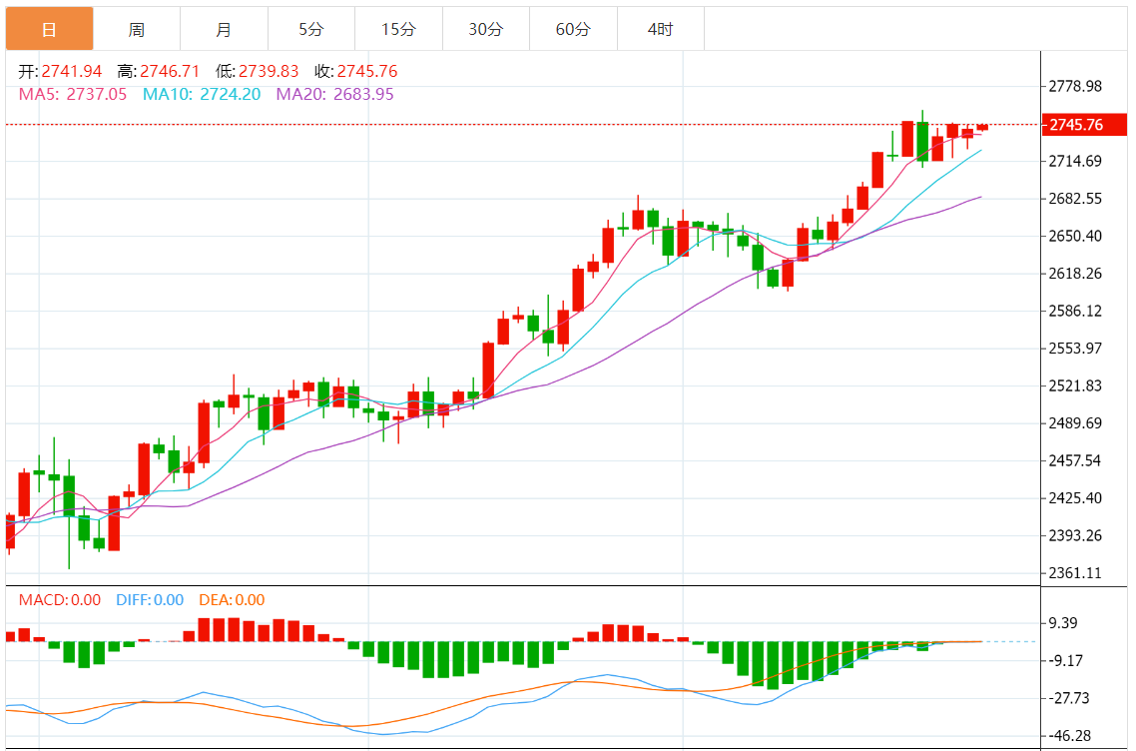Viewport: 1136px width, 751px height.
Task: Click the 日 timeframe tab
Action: coord(49,29)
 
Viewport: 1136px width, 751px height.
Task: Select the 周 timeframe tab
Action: coord(136,29)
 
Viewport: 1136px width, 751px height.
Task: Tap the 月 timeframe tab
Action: coord(224,29)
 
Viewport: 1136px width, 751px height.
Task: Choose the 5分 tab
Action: coord(310,29)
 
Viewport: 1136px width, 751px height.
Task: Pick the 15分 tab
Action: coord(398,29)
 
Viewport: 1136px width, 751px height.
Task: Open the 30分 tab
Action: coord(486,29)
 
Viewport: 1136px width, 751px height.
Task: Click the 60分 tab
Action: coord(573,29)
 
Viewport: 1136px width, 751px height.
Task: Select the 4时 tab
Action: coord(660,29)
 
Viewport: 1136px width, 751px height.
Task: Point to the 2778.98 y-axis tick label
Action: coord(1074,86)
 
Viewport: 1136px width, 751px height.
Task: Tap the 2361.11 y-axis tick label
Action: coord(1074,572)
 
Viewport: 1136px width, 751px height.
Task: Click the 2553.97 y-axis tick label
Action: coord(1074,348)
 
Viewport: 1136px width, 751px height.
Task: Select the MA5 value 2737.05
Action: coord(96,94)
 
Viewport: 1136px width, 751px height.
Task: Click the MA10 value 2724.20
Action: coord(231,94)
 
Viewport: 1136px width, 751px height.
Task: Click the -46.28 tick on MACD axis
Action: coord(1069,735)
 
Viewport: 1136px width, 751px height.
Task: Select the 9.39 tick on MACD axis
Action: coord(1063,623)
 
